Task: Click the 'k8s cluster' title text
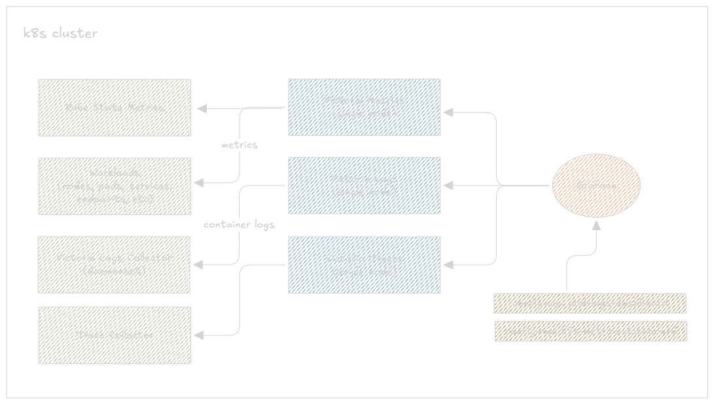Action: point(60,33)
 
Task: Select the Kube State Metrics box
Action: point(115,108)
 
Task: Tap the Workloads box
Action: point(115,186)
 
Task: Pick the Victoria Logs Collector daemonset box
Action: point(115,264)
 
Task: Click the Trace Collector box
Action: point(115,335)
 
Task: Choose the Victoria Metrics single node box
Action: point(364,107)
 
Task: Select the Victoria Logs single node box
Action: point(364,185)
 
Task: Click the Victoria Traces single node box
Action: point(364,265)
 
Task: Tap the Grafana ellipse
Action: point(596,186)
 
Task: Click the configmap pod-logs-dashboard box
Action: point(590,303)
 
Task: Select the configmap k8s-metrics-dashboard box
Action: point(590,331)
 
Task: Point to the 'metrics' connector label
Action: point(239,145)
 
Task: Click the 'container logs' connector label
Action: point(239,224)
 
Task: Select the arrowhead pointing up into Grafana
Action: point(596,226)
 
